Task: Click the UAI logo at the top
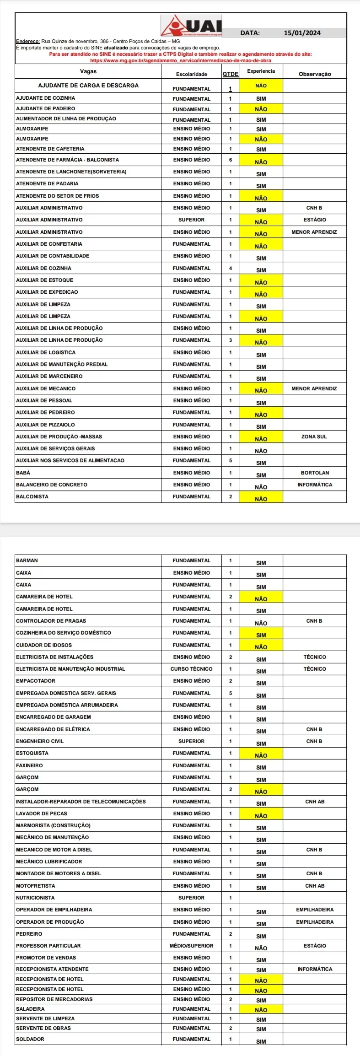pyautogui.click(x=192, y=26)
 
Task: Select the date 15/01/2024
pyautogui.click(x=302, y=33)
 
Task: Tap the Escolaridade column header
pyautogui.click(x=191, y=74)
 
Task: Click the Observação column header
pyautogui.click(x=314, y=74)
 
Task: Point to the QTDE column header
pyautogui.click(x=230, y=74)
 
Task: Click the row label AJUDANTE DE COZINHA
pyautogui.click(x=45, y=98)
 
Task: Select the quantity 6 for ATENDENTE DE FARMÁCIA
pyautogui.click(x=230, y=160)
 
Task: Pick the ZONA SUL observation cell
pyautogui.click(x=314, y=436)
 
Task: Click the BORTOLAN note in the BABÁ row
pyautogui.click(x=314, y=473)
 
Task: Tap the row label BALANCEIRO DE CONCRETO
pyautogui.click(x=51, y=485)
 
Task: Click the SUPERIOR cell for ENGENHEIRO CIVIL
pyautogui.click(x=191, y=741)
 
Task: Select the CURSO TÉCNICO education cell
pyautogui.click(x=191, y=669)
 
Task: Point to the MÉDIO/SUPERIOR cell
pyautogui.click(x=191, y=946)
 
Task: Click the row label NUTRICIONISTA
pyautogui.click(x=35, y=898)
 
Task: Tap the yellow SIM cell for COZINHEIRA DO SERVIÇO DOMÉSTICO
pyautogui.click(x=261, y=635)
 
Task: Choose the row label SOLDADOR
pyautogui.click(x=30, y=1039)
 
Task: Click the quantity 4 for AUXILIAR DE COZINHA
pyautogui.click(x=230, y=268)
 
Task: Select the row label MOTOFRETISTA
pyautogui.click(x=35, y=886)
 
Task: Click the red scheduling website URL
pyautogui.click(x=180, y=60)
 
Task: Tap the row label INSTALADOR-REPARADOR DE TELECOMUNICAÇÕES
pyautogui.click(x=81, y=802)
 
